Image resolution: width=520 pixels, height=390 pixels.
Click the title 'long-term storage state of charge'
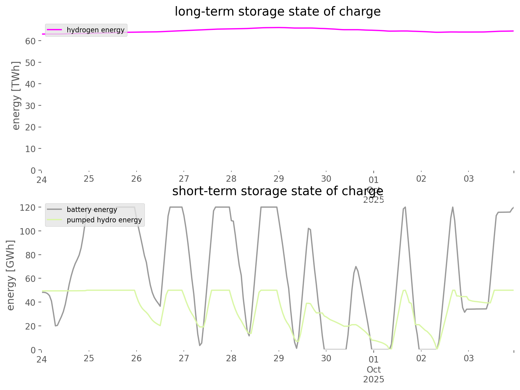coord(277,12)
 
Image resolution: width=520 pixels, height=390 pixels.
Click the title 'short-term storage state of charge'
coord(277,191)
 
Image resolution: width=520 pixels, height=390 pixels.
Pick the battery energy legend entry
coord(92,210)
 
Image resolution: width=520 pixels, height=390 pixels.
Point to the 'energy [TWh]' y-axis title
coord(16,96)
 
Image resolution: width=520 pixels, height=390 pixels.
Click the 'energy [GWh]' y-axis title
coord(11,275)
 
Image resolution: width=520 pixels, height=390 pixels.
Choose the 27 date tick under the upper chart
coord(184,179)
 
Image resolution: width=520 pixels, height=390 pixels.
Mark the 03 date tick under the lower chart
coord(468,358)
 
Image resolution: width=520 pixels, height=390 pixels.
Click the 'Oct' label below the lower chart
coord(374,370)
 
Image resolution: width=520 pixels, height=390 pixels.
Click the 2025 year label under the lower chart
coord(374,380)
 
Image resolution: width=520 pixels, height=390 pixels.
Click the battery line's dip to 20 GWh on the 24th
coord(56,326)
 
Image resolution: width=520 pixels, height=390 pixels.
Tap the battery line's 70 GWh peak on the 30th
coord(355,266)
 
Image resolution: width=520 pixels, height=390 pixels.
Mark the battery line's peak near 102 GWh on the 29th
coord(308,228)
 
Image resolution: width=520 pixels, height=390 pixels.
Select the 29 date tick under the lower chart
coord(279,358)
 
